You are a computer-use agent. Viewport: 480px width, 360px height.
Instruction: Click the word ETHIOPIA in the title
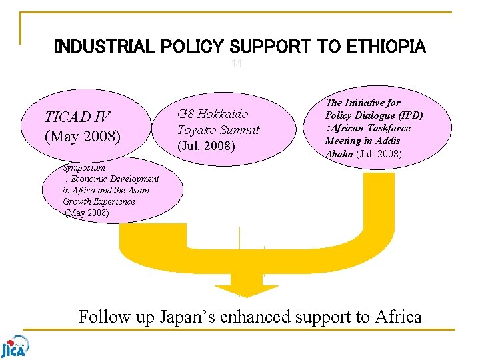coord(386,47)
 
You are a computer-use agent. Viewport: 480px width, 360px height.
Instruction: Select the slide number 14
coord(236,64)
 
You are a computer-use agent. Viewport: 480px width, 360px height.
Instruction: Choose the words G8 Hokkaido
coord(212,113)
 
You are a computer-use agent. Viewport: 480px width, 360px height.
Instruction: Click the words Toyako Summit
coord(218,129)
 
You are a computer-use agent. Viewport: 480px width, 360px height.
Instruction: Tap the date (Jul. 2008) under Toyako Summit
coord(206,145)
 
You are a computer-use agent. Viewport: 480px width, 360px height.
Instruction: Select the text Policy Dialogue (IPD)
coord(374,115)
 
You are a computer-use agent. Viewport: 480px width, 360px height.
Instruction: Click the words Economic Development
coord(114,179)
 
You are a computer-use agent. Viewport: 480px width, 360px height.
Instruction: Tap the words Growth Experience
coord(99,201)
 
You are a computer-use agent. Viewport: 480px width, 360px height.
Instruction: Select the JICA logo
coord(15,345)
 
